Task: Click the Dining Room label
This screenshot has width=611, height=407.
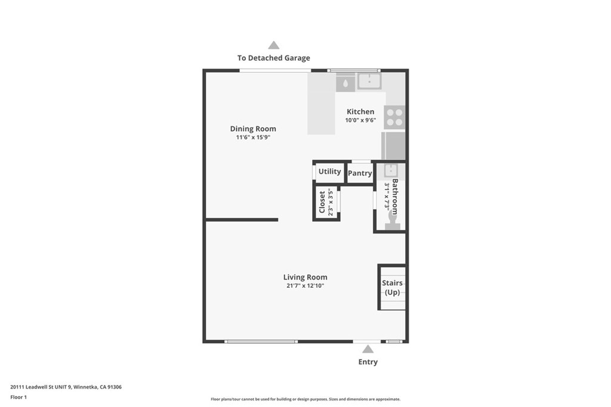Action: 253,129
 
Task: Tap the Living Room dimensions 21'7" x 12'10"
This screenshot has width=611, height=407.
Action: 305,285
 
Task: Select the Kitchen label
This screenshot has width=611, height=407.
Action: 360,111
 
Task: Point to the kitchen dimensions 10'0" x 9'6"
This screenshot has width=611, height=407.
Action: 360,120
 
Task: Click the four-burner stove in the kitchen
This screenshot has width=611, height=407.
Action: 394,117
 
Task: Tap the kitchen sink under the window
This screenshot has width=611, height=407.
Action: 369,81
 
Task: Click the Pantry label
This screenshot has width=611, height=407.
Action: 360,173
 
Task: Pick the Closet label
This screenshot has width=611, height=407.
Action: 322,202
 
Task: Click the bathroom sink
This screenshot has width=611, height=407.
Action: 390,170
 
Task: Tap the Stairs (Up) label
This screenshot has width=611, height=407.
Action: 392,288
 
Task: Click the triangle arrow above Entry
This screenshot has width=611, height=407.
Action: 368,349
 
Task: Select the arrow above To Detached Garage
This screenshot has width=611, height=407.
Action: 273,45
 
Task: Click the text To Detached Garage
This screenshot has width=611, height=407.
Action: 273,58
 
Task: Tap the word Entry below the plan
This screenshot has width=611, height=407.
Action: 368,362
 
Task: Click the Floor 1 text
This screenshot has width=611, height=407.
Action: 18,397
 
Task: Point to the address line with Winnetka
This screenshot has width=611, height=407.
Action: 66,387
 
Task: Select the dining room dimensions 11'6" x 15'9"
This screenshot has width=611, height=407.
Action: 253,137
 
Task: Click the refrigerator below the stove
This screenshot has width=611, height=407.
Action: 393,145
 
